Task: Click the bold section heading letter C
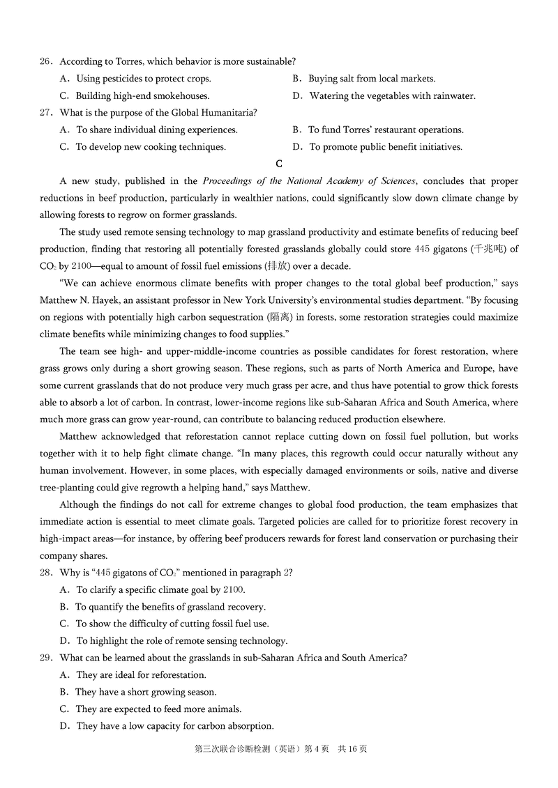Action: click(x=279, y=164)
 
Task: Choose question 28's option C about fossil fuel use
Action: click(x=172, y=624)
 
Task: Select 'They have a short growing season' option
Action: click(x=146, y=692)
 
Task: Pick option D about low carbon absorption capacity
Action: click(x=174, y=726)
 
